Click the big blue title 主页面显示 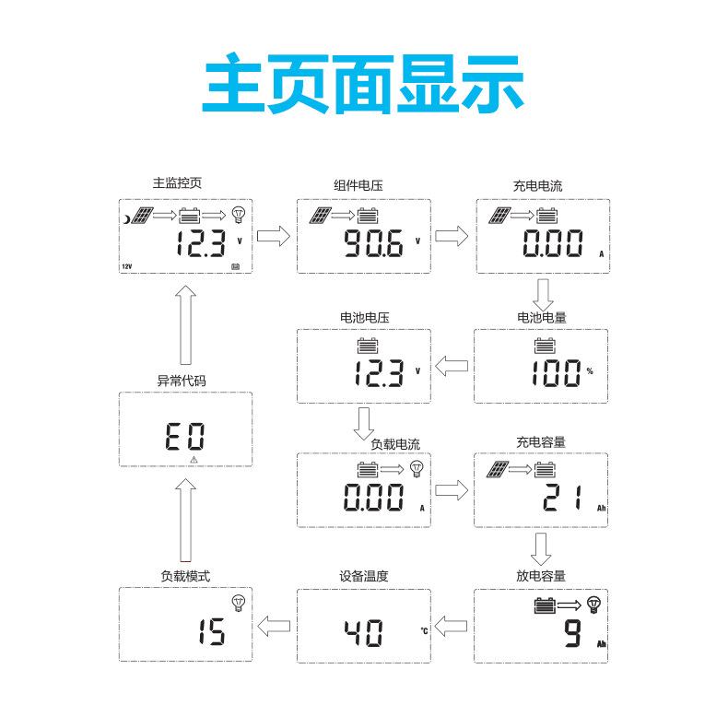tap(363, 82)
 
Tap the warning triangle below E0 tap(194, 458)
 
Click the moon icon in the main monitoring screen tap(126, 218)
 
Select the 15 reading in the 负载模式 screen tap(212, 633)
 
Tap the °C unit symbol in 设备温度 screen tap(424, 632)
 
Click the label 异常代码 tap(183, 380)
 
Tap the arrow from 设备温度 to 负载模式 tap(273, 627)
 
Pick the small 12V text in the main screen tap(127, 267)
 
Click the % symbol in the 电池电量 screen tap(590, 372)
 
